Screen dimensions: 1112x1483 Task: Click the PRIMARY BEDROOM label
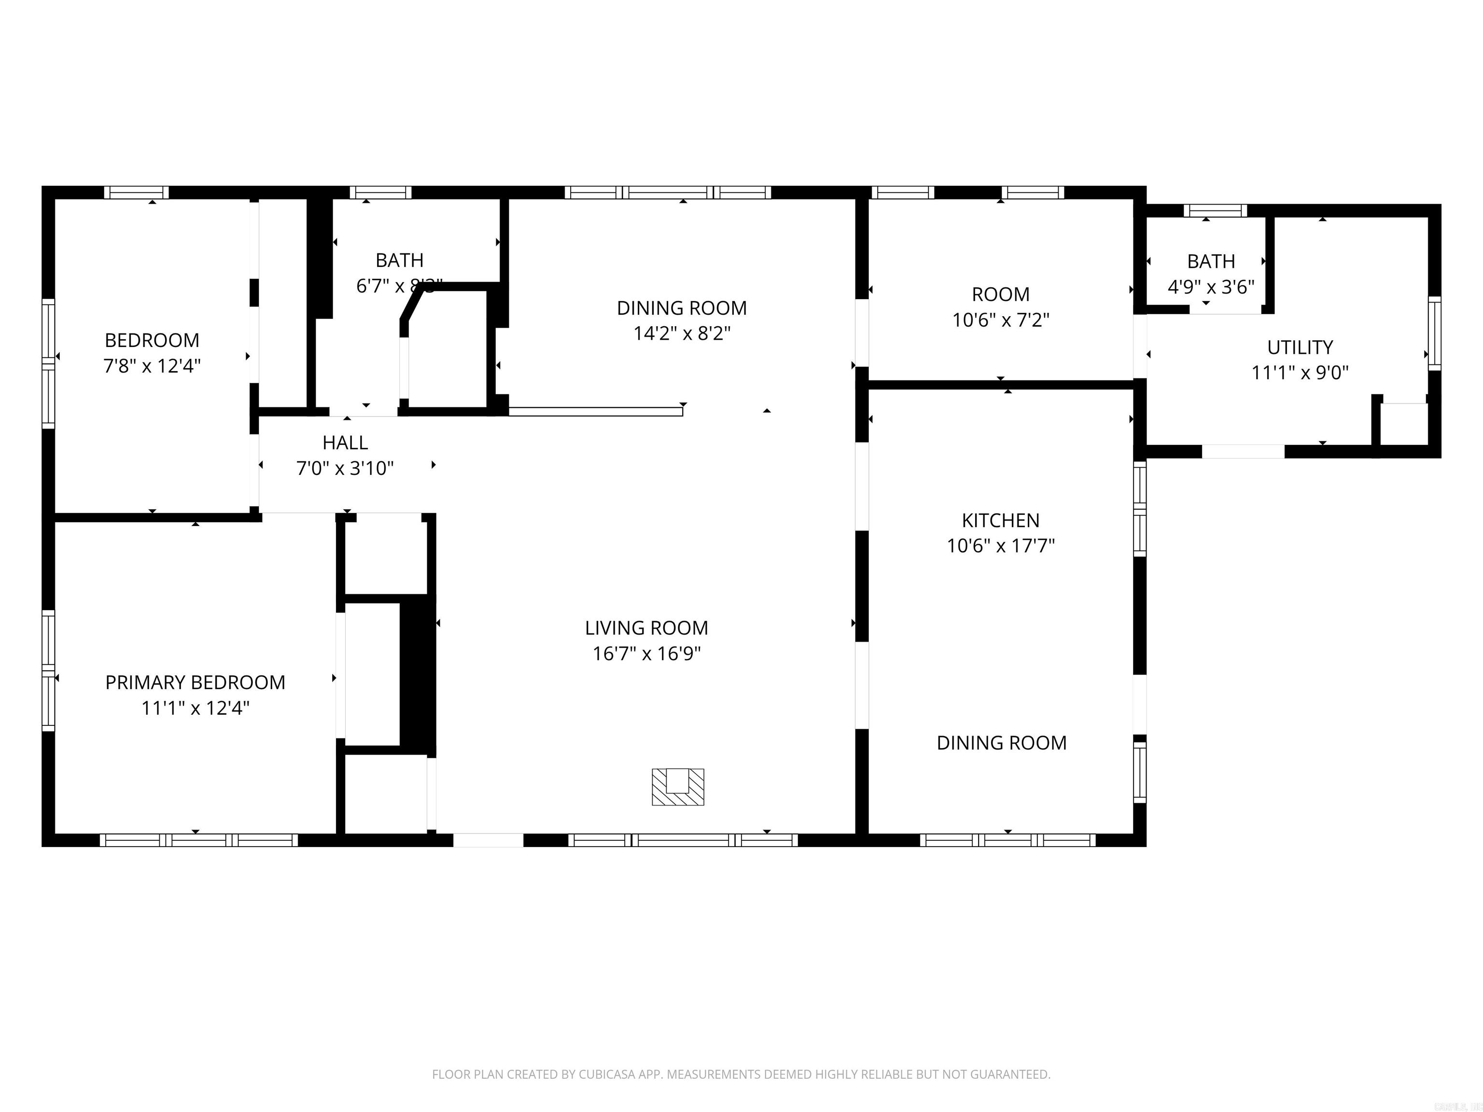pyautogui.click(x=195, y=682)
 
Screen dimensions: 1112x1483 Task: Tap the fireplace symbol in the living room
pyautogui.click(x=678, y=786)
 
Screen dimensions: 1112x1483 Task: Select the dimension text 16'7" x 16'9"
pyautogui.click(x=646, y=653)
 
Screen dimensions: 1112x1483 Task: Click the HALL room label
pyautogui.click(x=345, y=443)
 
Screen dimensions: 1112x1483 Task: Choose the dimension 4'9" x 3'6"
pyautogui.click(x=1211, y=287)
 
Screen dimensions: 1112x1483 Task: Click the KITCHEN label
pyautogui.click(x=1000, y=520)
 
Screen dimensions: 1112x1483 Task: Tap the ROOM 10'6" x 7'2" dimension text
pyautogui.click(x=1000, y=320)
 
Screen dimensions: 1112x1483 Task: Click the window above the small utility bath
pyautogui.click(x=1215, y=210)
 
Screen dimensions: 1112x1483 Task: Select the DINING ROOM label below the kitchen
pyautogui.click(x=1001, y=743)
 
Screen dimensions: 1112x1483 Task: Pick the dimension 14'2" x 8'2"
pyautogui.click(x=682, y=333)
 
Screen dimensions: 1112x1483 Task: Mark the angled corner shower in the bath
pyautogui.click(x=446, y=348)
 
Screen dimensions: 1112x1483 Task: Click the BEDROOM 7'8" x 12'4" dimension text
pyautogui.click(x=152, y=366)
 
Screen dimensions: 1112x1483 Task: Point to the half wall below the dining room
pyautogui.click(x=595, y=412)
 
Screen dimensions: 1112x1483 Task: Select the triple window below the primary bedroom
pyautogui.click(x=199, y=840)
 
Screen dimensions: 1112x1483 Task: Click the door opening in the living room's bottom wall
pyautogui.click(x=488, y=840)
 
